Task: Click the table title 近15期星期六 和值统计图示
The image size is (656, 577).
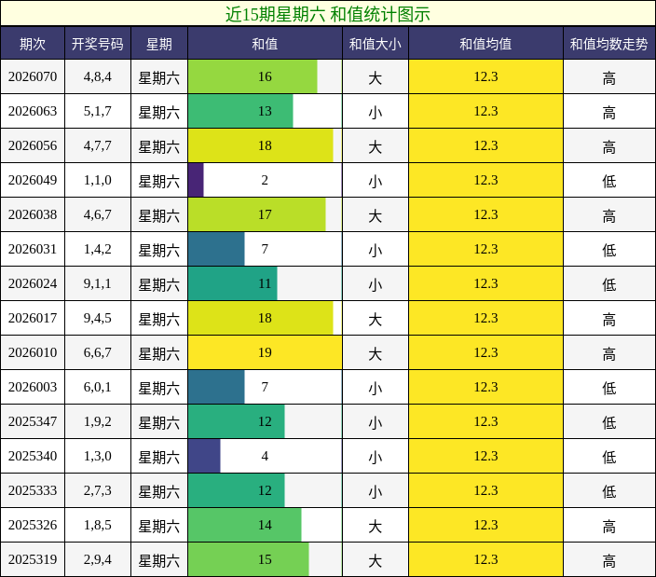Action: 328,14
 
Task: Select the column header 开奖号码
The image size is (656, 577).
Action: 97,44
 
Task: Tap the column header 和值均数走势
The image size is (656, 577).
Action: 608,44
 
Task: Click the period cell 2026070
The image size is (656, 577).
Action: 33,76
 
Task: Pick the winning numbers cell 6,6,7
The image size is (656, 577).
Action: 97,352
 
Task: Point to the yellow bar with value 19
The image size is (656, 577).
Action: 265,352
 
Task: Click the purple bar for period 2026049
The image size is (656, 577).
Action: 196,180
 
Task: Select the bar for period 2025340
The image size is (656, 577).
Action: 204,456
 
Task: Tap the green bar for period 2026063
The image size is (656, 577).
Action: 240,111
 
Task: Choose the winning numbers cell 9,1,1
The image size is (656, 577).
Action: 97,283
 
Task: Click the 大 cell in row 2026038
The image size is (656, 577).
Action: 375,214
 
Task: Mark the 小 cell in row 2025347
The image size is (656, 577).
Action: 375,421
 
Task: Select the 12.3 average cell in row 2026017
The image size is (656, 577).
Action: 485,318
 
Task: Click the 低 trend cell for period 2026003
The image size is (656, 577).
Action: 608,387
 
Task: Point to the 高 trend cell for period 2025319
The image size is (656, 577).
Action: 608,559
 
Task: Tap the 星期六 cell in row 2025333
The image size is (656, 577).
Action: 158,490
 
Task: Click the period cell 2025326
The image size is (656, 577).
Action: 33,525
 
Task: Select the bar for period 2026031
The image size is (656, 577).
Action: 216,249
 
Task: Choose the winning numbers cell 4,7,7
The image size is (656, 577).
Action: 97,145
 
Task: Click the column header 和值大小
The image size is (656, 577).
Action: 375,44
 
